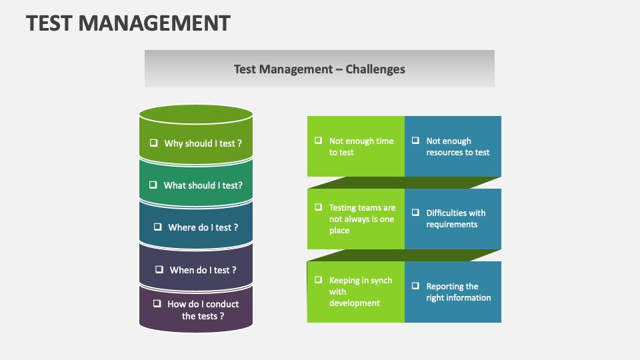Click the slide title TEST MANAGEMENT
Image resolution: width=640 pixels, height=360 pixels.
click(x=128, y=23)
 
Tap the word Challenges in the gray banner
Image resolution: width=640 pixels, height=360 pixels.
click(x=375, y=69)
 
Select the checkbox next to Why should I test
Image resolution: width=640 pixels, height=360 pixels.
click(x=153, y=143)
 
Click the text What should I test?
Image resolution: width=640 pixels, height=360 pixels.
click(x=203, y=185)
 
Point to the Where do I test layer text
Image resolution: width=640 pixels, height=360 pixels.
click(x=203, y=227)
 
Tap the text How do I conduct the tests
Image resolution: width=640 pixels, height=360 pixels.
click(x=203, y=310)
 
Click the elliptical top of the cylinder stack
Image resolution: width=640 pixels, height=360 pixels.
click(x=196, y=114)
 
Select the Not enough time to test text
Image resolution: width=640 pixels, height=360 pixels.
click(x=361, y=147)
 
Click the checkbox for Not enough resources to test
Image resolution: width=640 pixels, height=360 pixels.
click(x=415, y=141)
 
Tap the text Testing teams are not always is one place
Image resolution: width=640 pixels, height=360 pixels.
click(x=362, y=219)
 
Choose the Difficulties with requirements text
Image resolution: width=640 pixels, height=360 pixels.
click(x=455, y=219)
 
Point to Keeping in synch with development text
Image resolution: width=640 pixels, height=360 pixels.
click(x=360, y=291)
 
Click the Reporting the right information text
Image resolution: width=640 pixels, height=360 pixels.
click(x=458, y=292)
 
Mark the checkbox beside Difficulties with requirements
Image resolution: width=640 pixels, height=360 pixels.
click(x=415, y=213)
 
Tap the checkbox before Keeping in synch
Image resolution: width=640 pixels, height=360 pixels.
click(x=318, y=280)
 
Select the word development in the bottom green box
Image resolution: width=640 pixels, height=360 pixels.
click(x=354, y=303)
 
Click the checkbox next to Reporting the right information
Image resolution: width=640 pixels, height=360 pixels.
click(x=415, y=286)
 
